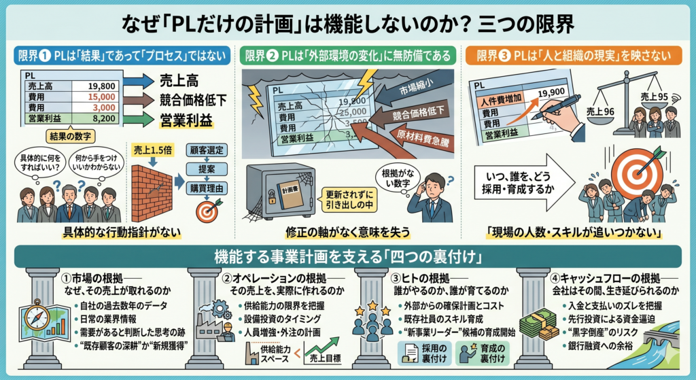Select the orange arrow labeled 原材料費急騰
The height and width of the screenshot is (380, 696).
428,139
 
